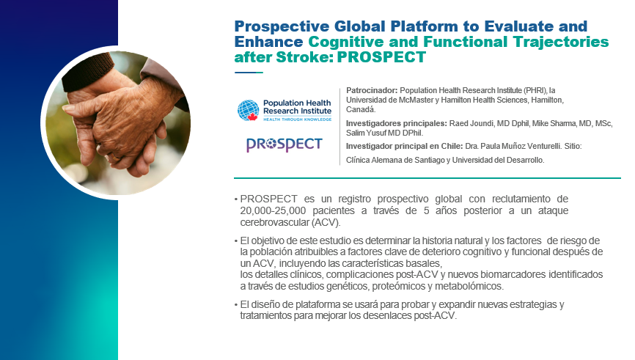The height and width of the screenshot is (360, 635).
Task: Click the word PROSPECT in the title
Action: click(x=381, y=57)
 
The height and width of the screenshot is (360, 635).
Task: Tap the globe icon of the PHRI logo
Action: click(x=249, y=111)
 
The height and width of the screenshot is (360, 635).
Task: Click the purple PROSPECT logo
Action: click(x=285, y=144)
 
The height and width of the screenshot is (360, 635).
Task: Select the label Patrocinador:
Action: click(x=372, y=90)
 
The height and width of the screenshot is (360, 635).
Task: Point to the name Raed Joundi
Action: click(x=471, y=123)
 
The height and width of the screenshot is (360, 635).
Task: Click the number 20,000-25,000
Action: click(x=273, y=210)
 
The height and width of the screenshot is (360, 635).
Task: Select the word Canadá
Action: click(x=361, y=109)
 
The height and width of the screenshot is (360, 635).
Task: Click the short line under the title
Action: click(x=249, y=73)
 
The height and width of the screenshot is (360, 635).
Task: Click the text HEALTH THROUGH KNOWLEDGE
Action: click(x=297, y=120)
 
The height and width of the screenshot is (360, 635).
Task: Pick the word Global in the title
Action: click(x=359, y=26)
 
